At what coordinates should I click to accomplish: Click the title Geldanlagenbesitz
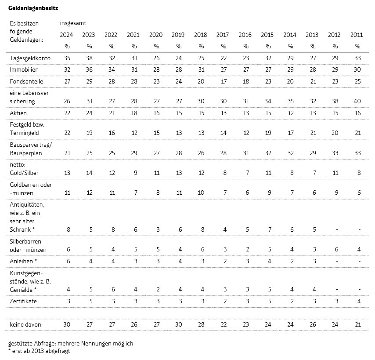pyautogui.click(x=33, y=8)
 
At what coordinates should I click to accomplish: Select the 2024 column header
pyautogui.click(x=66, y=35)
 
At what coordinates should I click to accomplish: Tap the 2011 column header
pyautogui.click(x=357, y=35)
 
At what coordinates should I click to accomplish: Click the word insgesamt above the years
pyautogui.click(x=73, y=23)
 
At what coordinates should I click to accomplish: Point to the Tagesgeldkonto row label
pyautogui.click(x=30, y=58)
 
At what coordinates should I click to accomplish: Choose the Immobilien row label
pyautogui.click(x=24, y=69)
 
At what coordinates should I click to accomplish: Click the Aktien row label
pyautogui.click(x=18, y=113)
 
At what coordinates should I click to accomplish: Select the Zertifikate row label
pyautogui.click(x=23, y=301)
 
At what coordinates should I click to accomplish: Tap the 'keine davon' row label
pyautogui.click(x=25, y=324)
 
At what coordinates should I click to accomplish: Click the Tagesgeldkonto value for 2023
pyautogui.click(x=89, y=58)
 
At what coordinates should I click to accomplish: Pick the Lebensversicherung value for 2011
pyautogui.click(x=357, y=101)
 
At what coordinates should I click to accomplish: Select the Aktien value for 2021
pyautogui.click(x=134, y=113)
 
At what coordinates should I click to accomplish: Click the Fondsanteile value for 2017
pyautogui.click(x=224, y=81)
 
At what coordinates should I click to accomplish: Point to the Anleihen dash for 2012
pyautogui.click(x=337, y=262)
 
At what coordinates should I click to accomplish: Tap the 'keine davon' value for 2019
pyautogui.click(x=179, y=324)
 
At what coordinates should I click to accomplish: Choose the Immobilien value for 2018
pyautogui.click(x=201, y=69)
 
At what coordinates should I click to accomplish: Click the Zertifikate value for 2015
pyautogui.click(x=270, y=301)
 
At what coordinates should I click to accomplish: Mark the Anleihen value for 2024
pyautogui.click(x=69, y=261)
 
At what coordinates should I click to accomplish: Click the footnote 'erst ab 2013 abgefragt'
pyautogui.click(x=39, y=351)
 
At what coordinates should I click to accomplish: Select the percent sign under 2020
pyautogui.click(x=156, y=46)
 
